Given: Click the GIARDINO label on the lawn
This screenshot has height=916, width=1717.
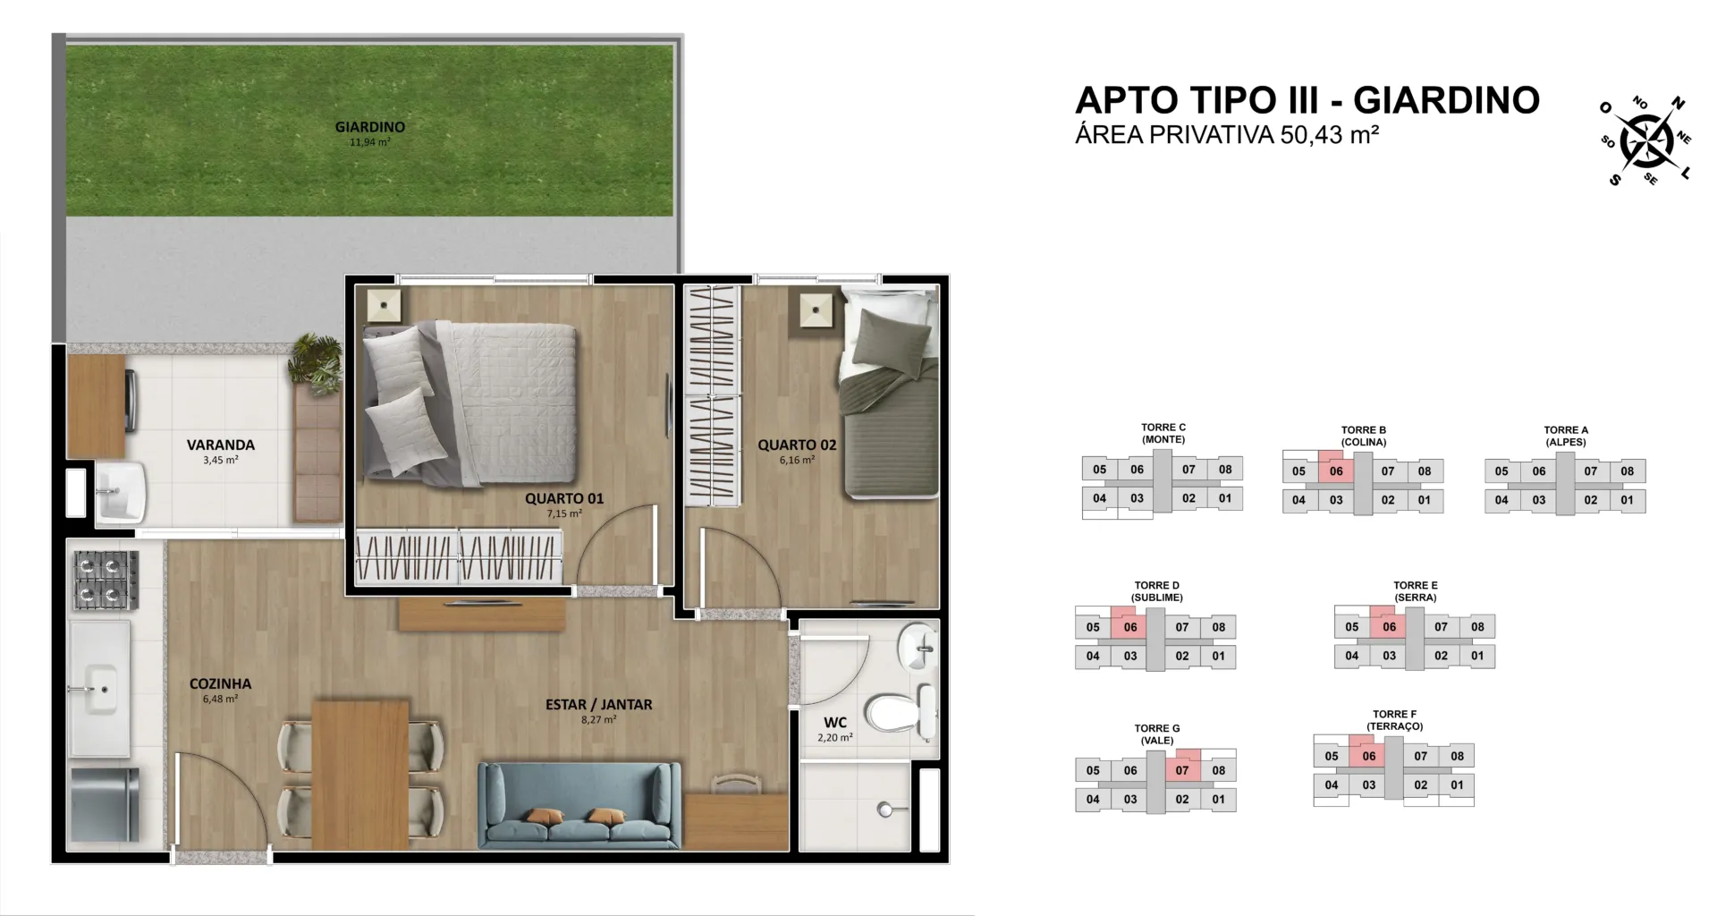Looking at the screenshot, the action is click(369, 127).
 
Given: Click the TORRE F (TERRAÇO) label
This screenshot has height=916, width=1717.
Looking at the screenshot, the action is click(1394, 720).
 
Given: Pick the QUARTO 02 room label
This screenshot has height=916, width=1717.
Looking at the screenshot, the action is click(797, 445).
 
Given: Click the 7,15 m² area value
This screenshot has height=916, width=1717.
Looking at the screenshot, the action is click(564, 513).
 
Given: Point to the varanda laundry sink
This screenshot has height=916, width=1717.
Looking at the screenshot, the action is click(120, 491).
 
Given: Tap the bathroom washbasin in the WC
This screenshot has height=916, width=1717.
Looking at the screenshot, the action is click(918, 644).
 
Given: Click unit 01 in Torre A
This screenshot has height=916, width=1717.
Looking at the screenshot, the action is click(1627, 500).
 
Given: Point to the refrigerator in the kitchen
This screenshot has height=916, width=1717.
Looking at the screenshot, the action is click(106, 804).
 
